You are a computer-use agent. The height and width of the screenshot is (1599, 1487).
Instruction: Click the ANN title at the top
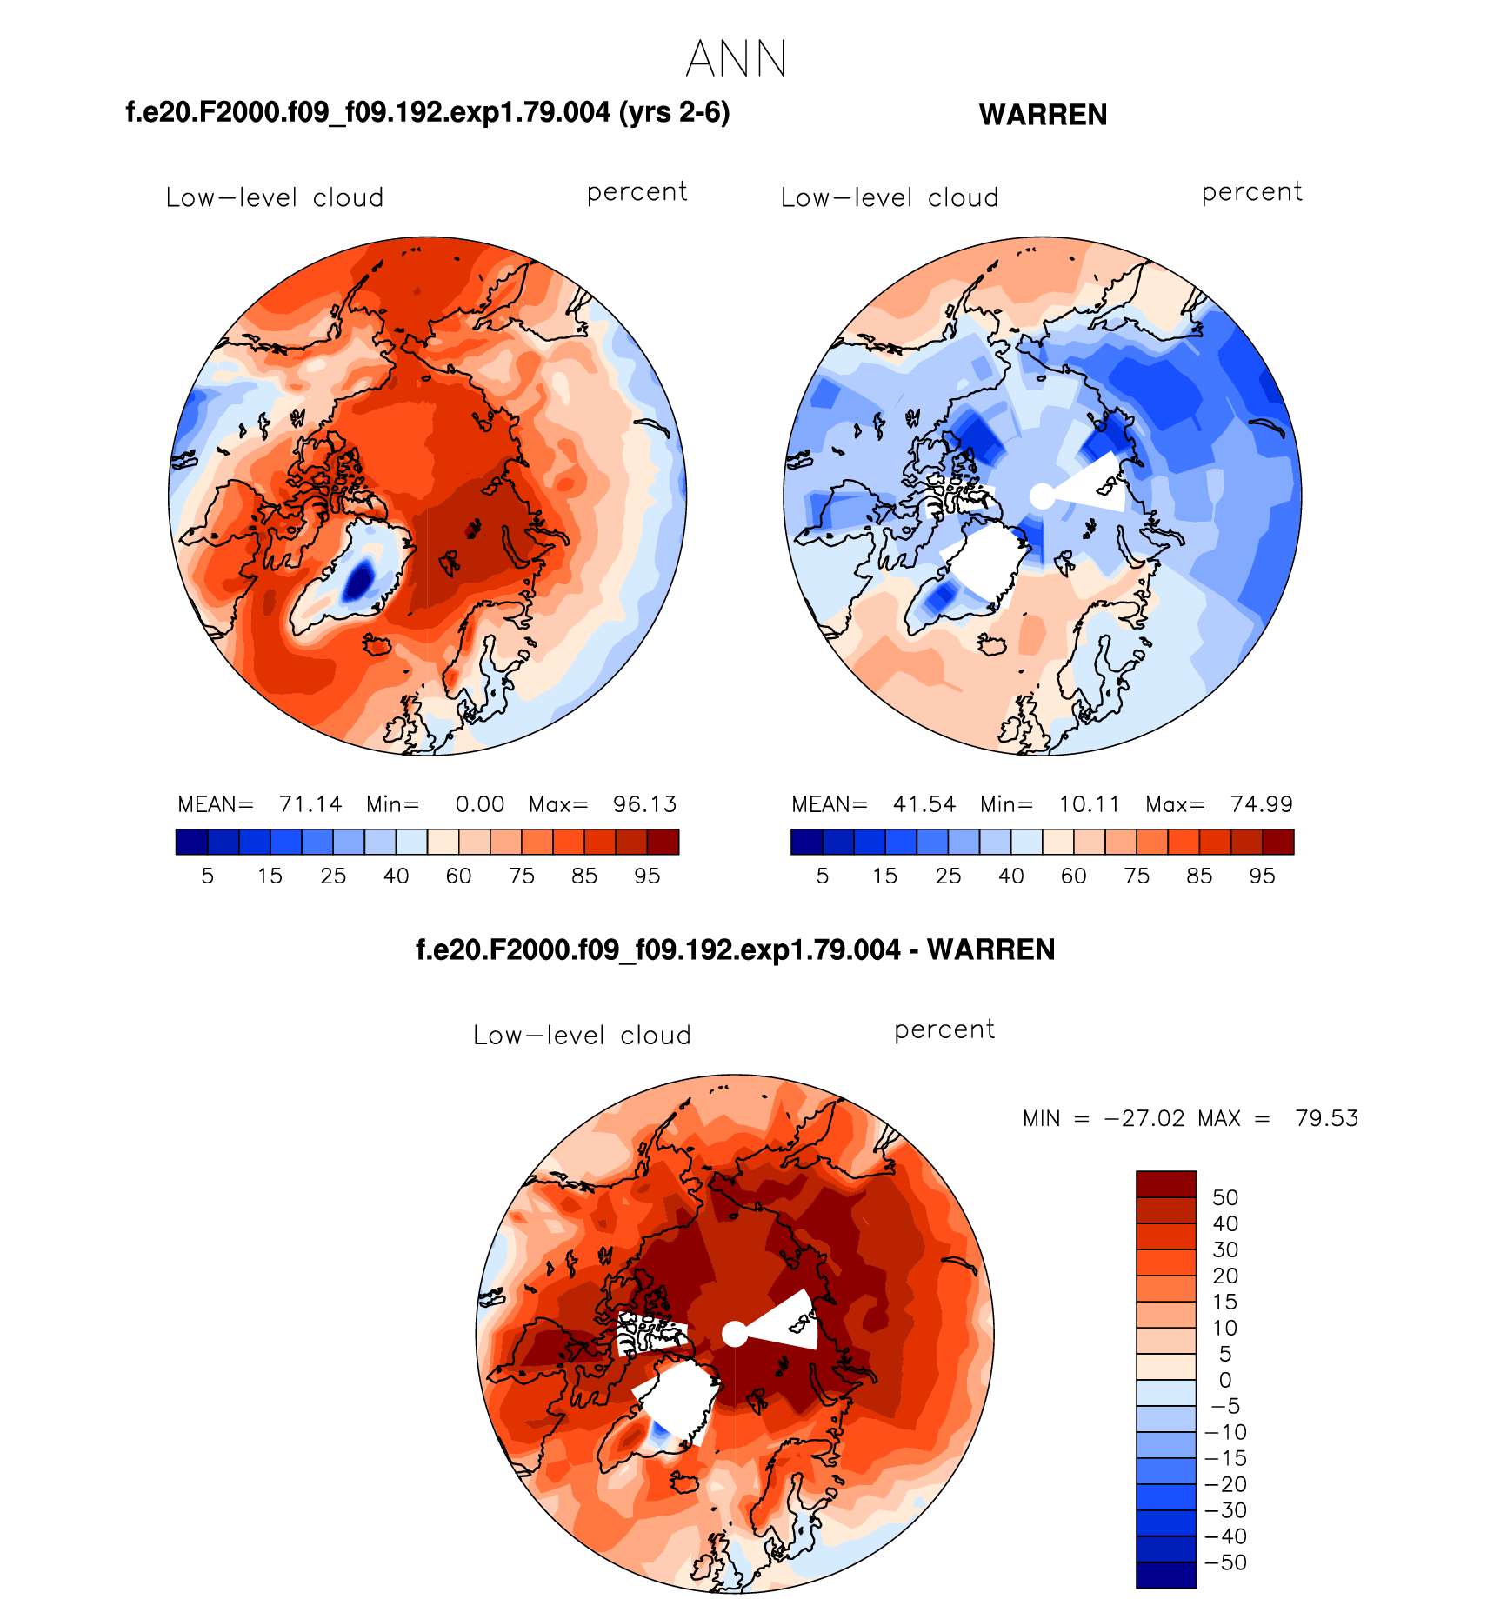[x=736, y=60]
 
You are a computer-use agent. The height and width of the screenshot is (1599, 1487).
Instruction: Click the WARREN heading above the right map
[x=1043, y=115]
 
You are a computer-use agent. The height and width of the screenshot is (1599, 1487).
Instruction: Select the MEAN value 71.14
[x=310, y=804]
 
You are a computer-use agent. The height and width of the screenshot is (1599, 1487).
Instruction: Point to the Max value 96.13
[x=644, y=804]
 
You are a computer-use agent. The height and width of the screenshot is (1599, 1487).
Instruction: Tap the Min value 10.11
[x=1089, y=804]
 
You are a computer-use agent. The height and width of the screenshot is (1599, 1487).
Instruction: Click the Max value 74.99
[x=1261, y=804]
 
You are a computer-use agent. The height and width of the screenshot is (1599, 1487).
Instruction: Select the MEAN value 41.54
[x=924, y=804]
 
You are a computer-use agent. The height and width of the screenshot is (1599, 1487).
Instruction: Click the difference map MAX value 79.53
[x=1326, y=1118]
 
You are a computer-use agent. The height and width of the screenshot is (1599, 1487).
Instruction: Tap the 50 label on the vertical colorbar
[x=1224, y=1197]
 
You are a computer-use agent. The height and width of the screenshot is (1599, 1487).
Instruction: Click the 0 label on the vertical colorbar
[x=1224, y=1380]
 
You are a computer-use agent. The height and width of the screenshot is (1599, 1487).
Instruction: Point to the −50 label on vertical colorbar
[x=1226, y=1562]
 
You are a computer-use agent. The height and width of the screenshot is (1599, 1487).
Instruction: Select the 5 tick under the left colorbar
[x=207, y=876]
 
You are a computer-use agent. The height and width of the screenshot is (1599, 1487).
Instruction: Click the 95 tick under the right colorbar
[x=1262, y=876]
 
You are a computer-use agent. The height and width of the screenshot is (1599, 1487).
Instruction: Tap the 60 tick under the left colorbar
[x=458, y=876]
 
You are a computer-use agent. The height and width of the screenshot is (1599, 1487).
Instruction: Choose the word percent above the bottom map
[x=944, y=1030]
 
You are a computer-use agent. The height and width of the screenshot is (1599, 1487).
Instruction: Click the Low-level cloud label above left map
[x=275, y=198]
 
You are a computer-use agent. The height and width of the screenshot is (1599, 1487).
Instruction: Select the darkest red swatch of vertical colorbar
[x=1166, y=1184]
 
